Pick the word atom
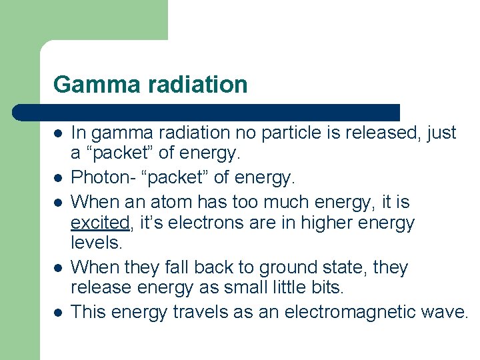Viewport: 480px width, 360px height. click(x=186, y=201)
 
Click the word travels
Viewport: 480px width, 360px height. click(x=201, y=311)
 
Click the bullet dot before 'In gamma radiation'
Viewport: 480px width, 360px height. click(x=58, y=133)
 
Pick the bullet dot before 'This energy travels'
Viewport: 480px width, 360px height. click(x=58, y=312)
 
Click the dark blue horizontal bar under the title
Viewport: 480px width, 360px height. click(x=207, y=112)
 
